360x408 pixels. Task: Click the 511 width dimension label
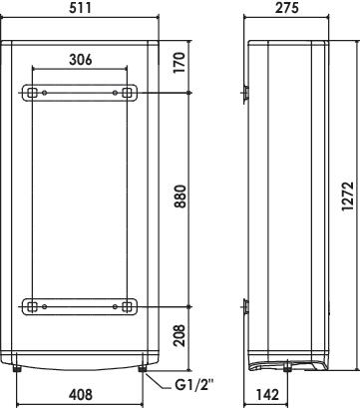[x=80, y=8]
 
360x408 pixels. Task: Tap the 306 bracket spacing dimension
[x=80, y=60]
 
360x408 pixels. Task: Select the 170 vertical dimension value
[x=180, y=62]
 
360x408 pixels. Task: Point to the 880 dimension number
[x=180, y=197]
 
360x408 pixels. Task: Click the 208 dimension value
[x=180, y=335]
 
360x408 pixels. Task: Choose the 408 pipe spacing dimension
[x=81, y=395]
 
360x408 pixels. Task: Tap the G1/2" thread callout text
[x=193, y=385]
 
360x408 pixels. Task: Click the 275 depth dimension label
[x=287, y=8]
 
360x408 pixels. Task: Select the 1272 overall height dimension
[x=348, y=196]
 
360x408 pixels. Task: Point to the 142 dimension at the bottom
[x=267, y=395]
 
